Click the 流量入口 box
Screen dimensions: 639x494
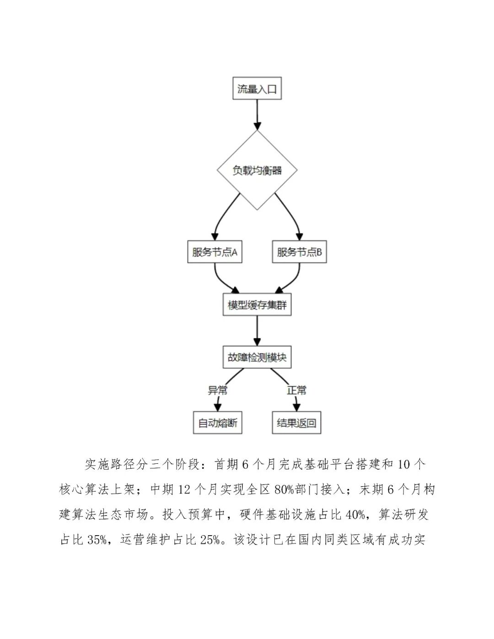(x=257, y=89)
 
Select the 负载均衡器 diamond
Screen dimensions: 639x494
(x=257, y=171)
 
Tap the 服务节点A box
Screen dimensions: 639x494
(x=215, y=252)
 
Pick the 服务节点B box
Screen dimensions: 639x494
(x=299, y=252)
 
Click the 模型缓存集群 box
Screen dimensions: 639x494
(x=257, y=305)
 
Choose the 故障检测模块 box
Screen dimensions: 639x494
(x=257, y=357)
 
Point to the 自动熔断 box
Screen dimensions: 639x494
(x=218, y=423)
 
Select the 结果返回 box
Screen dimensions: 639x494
(x=296, y=423)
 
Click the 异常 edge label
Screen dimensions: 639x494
(x=218, y=390)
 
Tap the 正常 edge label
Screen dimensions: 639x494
(x=296, y=390)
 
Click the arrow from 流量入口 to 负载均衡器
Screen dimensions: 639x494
(x=257, y=114)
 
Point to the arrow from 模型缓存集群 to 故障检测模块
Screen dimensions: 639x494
(x=257, y=331)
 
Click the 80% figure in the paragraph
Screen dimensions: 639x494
(x=284, y=489)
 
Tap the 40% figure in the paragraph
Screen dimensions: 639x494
(x=355, y=515)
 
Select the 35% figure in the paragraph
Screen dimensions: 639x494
(x=97, y=540)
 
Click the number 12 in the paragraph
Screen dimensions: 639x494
(x=184, y=489)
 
